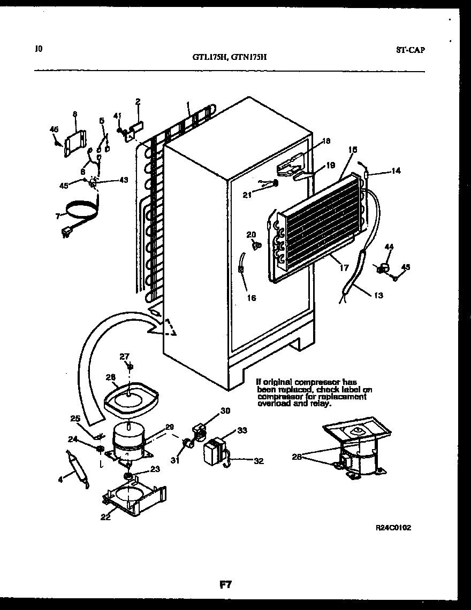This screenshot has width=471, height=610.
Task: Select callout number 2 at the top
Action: (138, 101)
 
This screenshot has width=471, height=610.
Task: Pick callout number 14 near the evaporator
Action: (396, 171)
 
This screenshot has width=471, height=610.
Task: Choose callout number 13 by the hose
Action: (378, 296)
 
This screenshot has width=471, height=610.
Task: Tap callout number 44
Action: (389, 246)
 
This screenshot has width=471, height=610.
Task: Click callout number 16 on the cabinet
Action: (251, 298)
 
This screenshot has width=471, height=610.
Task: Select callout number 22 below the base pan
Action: (106, 516)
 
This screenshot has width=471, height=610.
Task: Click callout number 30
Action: (225, 411)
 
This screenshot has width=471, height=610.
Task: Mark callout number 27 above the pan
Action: (124, 357)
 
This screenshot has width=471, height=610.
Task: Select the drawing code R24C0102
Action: (393, 527)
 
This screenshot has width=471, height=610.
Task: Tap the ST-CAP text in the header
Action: (411, 50)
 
